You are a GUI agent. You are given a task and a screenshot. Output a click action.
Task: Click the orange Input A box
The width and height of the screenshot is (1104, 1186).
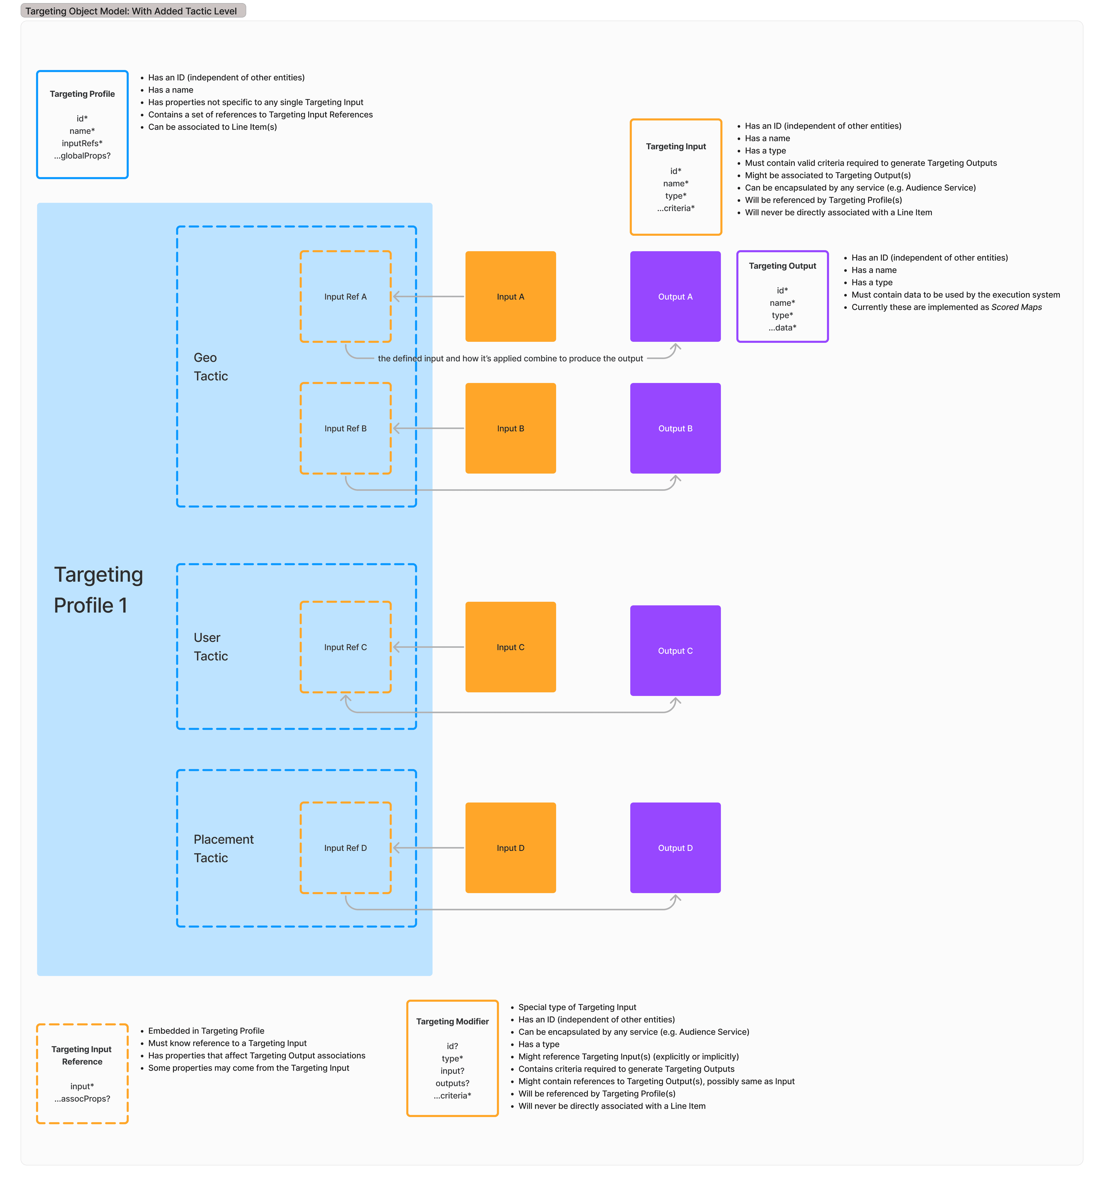[x=510, y=296]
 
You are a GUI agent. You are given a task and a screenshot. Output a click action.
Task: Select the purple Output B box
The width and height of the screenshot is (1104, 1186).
[x=675, y=428]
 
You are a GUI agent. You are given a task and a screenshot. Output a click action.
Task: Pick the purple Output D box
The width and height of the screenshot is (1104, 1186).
[x=675, y=848]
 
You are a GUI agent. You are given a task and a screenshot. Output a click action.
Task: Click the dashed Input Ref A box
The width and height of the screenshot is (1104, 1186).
[x=346, y=252]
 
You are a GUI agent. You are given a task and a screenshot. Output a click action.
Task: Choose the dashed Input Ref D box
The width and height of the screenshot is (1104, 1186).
[x=346, y=803]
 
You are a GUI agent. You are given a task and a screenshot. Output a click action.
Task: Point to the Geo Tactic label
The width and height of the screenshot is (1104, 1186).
[x=211, y=366]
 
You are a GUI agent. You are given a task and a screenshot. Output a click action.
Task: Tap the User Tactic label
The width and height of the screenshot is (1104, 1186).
[x=211, y=647]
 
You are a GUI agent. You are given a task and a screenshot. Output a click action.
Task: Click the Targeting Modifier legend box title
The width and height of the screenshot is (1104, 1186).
[x=452, y=1021]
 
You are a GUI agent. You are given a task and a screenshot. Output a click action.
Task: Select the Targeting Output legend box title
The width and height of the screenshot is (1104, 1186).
[x=782, y=266]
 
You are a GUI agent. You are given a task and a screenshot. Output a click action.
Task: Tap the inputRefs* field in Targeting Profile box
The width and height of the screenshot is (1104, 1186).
[x=82, y=143]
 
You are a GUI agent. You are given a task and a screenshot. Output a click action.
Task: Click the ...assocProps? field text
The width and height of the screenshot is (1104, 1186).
[x=82, y=1099]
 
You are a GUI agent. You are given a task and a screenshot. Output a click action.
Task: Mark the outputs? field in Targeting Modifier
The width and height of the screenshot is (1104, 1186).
[x=452, y=1083]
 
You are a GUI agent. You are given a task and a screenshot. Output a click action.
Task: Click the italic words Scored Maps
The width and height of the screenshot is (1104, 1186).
[x=1016, y=307]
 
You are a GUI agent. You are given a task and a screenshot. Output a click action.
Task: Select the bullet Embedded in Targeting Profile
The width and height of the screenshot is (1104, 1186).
[x=206, y=1031]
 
